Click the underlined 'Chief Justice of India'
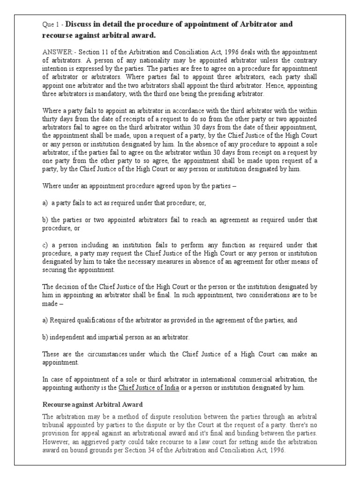point(149,388)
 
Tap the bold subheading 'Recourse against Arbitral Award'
point(92,404)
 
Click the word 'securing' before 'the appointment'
point(56,270)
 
